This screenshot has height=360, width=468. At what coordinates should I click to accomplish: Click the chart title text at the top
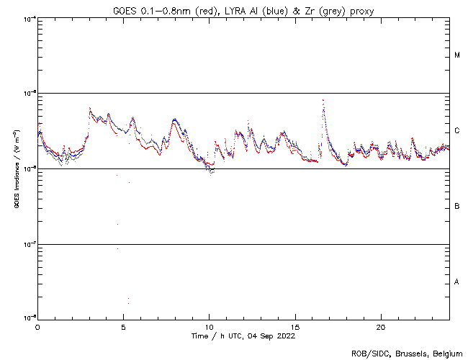[242, 9]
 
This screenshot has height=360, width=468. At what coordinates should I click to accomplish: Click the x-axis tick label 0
[37, 326]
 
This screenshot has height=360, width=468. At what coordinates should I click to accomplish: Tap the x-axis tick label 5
[123, 326]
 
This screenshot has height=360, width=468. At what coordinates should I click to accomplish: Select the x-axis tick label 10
[209, 326]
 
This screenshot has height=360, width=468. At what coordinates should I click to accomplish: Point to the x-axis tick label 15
[294, 326]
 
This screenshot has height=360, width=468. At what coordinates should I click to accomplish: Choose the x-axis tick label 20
[380, 326]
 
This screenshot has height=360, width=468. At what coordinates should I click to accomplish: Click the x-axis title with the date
[242, 336]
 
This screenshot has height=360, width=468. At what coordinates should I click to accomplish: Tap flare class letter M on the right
[457, 55]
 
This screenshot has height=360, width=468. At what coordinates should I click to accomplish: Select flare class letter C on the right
[457, 131]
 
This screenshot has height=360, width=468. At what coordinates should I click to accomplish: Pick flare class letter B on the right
[457, 207]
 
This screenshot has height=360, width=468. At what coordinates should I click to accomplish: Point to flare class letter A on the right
[457, 282]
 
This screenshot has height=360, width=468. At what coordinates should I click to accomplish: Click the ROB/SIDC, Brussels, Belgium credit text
[406, 354]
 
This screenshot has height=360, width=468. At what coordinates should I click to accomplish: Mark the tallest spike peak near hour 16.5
[323, 100]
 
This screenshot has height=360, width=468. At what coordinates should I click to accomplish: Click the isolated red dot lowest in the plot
[128, 298]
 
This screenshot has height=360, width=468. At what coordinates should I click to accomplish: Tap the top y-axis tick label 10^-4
[29, 19]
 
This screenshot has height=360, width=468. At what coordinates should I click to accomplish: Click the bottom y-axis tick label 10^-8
[29, 318]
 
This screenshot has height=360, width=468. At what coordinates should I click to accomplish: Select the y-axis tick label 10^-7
[29, 244]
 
